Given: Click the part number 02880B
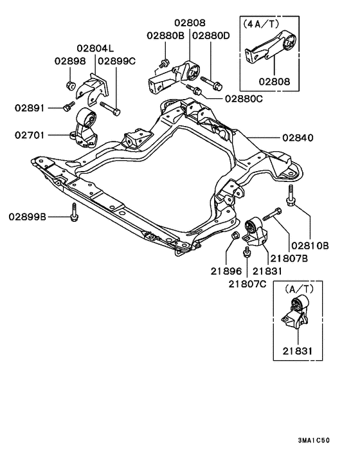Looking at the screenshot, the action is [165, 35].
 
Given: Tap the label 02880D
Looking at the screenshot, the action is [211, 35].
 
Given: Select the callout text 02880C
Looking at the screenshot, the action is [244, 99].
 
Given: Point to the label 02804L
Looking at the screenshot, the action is [95, 48].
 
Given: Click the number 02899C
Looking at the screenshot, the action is [116, 61].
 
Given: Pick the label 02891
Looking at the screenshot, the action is [30, 108].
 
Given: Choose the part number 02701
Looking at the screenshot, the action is [30, 135].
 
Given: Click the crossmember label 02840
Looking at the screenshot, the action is [298, 138].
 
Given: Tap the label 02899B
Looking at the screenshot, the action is [27, 217].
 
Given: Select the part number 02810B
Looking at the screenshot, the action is [310, 246].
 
